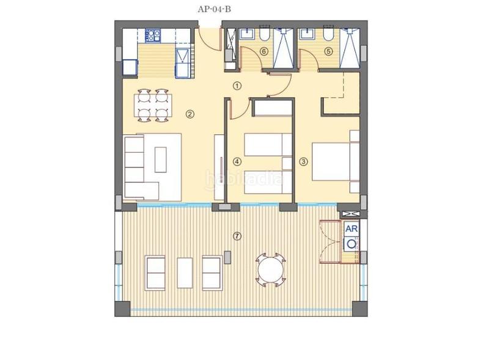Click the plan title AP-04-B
click(214, 9)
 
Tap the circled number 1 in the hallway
click(237, 86)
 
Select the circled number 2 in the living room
click(190, 114)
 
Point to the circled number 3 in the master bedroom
click(237, 162)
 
